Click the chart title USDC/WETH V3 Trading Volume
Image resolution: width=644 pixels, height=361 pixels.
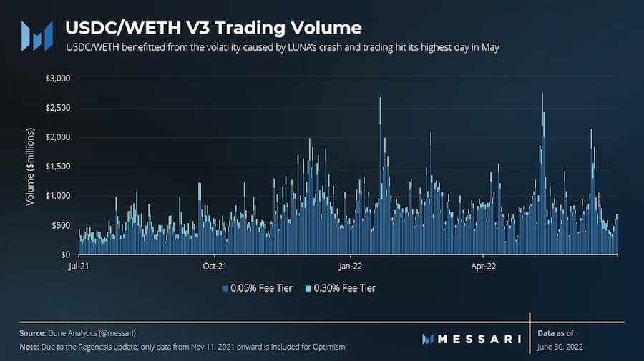(213, 28)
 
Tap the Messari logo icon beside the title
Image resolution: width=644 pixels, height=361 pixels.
(36, 36)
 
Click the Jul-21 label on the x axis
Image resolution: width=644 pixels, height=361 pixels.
(79, 267)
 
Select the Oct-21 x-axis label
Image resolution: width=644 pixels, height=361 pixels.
(215, 267)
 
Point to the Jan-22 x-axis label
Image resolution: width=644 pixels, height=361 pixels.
(350, 267)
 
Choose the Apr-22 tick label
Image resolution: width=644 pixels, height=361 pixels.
(484, 267)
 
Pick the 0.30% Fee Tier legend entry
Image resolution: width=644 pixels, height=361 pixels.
(339, 288)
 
